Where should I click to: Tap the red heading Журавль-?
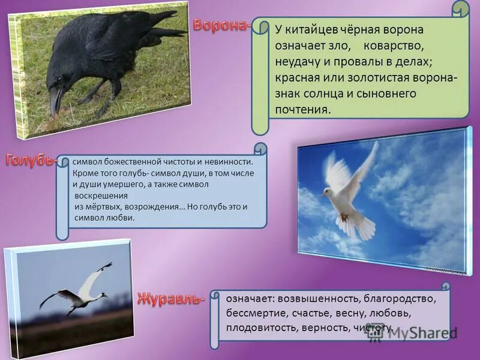171,298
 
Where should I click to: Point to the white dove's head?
326,193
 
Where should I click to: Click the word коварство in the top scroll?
402,46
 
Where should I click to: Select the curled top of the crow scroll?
461,10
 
